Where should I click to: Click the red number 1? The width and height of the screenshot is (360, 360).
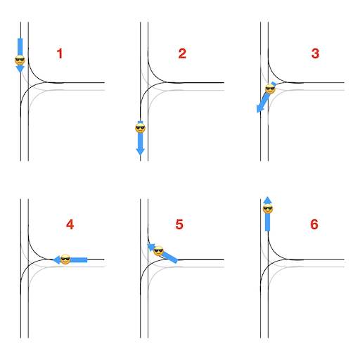tap(60, 53)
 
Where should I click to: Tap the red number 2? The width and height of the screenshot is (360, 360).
tap(182, 53)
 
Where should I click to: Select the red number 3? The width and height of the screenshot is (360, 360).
tap(315, 53)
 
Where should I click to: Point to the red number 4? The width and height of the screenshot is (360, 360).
tap(70, 224)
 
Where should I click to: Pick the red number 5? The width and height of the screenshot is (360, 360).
tap(179, 224)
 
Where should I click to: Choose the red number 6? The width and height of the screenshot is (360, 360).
tap(314, 224)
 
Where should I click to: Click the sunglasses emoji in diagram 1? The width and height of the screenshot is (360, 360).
tap(20, 60)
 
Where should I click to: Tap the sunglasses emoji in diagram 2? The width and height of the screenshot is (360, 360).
tap(140, 128)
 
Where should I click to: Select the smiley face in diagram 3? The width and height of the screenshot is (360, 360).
tap(270, 89)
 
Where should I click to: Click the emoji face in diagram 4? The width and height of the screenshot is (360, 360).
tap(65, 259)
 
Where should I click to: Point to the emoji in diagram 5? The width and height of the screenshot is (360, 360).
tap(158, 251)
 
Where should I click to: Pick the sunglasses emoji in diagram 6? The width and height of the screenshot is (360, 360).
tap(268, 209)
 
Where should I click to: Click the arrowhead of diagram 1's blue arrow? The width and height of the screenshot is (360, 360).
tap(20, 69)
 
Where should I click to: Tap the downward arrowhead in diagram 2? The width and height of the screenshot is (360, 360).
tap(140, 152)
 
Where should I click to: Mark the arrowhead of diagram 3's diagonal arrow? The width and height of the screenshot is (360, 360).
tap(260, 109)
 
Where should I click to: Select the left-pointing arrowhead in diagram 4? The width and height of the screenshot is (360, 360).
tap(56, 259)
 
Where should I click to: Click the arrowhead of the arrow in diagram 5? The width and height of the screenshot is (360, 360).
tap(150, 247)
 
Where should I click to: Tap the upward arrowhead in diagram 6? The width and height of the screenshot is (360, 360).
tap(268, 200)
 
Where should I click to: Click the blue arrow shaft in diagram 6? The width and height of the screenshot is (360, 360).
tap(268, 222)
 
